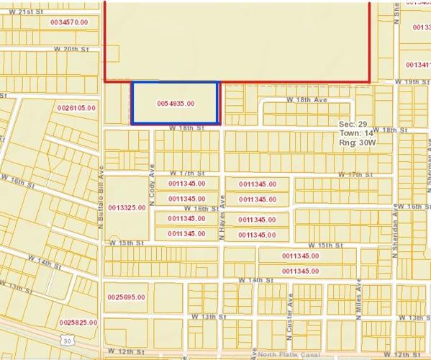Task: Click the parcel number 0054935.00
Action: [176, 104]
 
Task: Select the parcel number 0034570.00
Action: [69, 23]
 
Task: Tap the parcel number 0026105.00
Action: [76, 107]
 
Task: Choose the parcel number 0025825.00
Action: [78, 323]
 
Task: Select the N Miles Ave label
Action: [357, 299]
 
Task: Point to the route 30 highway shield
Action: [67, 340]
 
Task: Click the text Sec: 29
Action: [353, 125]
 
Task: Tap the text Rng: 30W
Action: [357, 143]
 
